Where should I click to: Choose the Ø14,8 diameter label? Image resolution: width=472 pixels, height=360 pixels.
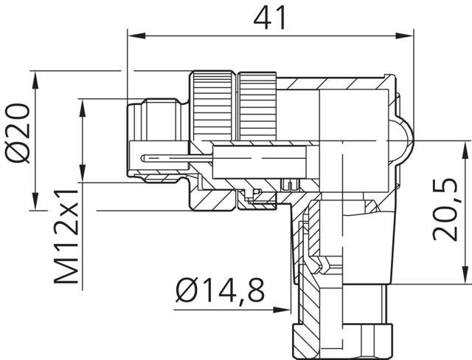click(x=219, y=291)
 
